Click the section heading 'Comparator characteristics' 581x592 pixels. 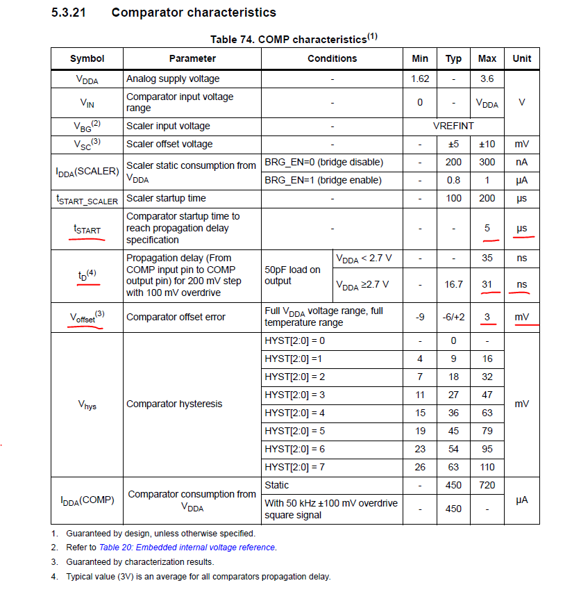click(193, 13)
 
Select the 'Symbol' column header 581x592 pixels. click(87, 58)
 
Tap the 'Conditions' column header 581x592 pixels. click(332, 58)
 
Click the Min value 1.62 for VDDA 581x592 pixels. click(420, 79)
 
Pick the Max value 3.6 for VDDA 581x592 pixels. click(487, 79)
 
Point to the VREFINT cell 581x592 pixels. click(453, 126)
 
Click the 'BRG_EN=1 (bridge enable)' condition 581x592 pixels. click(323, 180)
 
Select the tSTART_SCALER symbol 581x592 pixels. click(87, 199)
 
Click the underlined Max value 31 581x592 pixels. click(487, 284)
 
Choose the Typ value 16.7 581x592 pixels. click(453, 284)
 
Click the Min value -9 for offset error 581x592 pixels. click(420, 317)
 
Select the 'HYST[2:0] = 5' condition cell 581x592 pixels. click(294, 431)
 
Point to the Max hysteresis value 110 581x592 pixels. click(487, 467)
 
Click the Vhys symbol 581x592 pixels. click(87, 404)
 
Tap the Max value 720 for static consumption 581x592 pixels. click(487, 485)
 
